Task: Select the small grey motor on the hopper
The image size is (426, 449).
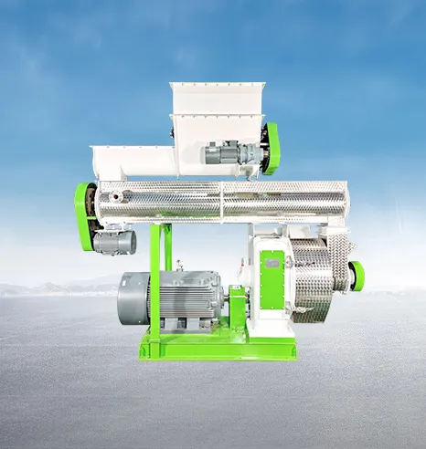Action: click(x=222, y=152)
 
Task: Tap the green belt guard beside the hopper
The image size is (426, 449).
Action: click(x=271, y=148)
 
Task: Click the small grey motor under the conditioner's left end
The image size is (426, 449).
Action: click(x=114, y=242)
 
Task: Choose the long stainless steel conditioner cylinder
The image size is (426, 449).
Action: click(x=219, y=200)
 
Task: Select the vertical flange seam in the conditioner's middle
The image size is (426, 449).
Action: click(x=220, y=200)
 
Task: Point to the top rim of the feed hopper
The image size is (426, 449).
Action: click(x=217, y=86)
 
